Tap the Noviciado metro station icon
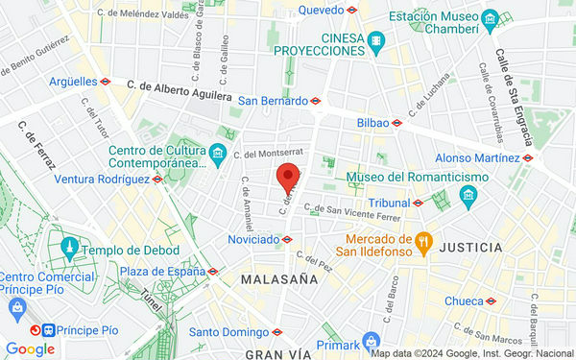click(x=287, y=239)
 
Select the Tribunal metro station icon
click(x=419, y=203)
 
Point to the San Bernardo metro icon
click(x=314, y=100)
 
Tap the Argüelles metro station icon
click(x=106, y=82)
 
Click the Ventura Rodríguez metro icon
click(x=157, y=179)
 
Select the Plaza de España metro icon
click(x=213, y=271)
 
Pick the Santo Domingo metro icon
click(x=277, y=332)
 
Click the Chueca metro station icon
click(x=492, y=300)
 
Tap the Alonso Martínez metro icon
click(x=529, y=157)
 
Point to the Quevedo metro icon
click(x=353, y=10)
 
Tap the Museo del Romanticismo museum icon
click(x=468, y=196)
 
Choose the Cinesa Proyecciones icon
click(x=375, y=42)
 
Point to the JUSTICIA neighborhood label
click(x=470, y=247)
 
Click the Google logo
click(x=31, y=349)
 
